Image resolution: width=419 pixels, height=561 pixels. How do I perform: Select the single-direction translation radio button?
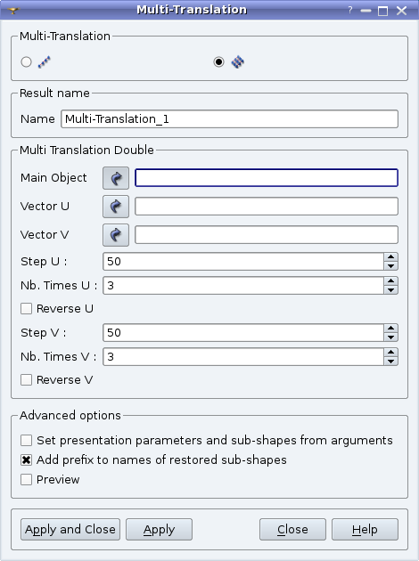tap(26, 62)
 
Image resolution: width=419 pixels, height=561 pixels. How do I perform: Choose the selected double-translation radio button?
tap(218, 62)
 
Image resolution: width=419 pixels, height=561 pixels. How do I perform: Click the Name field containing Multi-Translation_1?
tap(229, 118)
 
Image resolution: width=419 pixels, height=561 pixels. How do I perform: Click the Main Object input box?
tap(266, 178)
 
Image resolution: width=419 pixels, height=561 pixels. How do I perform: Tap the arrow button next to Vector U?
tap(116, 207)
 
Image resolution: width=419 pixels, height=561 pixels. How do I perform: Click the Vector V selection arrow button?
tap(116, 235)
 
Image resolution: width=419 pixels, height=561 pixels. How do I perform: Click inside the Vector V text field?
tap(266, 235)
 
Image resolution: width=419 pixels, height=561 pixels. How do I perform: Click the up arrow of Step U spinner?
tap(390, 256)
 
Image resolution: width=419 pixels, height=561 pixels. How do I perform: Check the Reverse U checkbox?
tap(26, 308)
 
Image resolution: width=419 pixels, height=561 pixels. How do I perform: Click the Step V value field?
tap(243, 333)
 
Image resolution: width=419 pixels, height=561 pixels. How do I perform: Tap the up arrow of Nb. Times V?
tap(390, 353)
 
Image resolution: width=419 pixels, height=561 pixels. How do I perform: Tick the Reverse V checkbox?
tap(26, 379)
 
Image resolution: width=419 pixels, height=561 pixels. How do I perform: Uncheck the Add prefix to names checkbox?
tap(26, 459)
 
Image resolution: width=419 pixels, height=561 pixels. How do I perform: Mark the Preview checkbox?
tap(26, 479)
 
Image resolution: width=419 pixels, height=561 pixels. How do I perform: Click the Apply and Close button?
tap(70, 529)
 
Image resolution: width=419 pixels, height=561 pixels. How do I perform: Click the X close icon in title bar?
tap(401, 11)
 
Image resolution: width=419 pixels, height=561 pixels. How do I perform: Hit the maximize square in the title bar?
tap(382, 11)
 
